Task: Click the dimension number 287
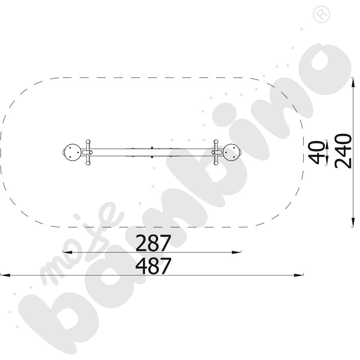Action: [x=153, y=243]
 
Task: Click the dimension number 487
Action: [x=153, y=266]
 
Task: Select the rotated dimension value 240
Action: [x=343, y=151]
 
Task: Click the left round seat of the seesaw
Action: [x=72, y=152]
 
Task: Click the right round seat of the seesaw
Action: [x=232, y=152]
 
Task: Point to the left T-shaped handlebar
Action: [x=88, y=152]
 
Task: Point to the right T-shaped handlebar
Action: [x=216, y=152]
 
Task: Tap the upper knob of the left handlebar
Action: [x=88, y=141]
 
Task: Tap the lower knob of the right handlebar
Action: [x=216, y=163]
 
